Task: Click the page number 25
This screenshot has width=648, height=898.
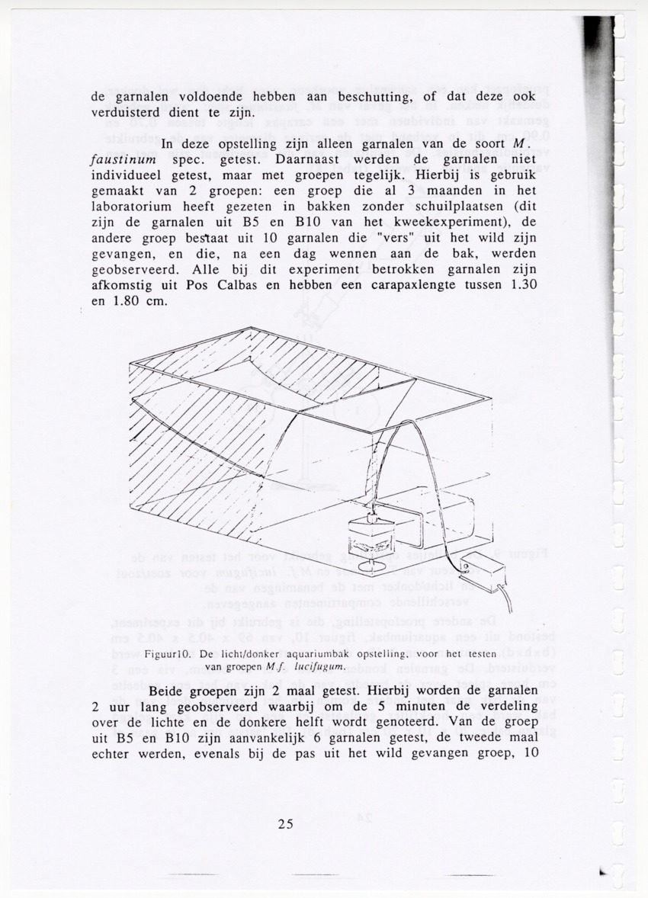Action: [287, 823]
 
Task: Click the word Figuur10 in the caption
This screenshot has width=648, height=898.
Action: [169, 653]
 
